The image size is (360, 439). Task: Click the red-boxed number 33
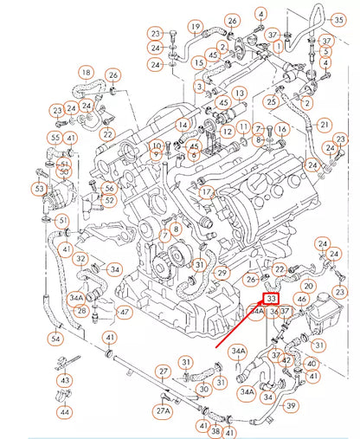pos(271,298)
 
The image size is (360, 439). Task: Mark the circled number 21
pos(325,125)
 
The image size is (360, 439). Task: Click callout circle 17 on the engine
pos(206,191)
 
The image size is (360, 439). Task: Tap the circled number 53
pos(40,188)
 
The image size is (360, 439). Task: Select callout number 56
pos(109,188)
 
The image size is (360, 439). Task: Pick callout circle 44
pos(66,411)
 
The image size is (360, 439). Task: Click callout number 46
pos(301,299)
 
